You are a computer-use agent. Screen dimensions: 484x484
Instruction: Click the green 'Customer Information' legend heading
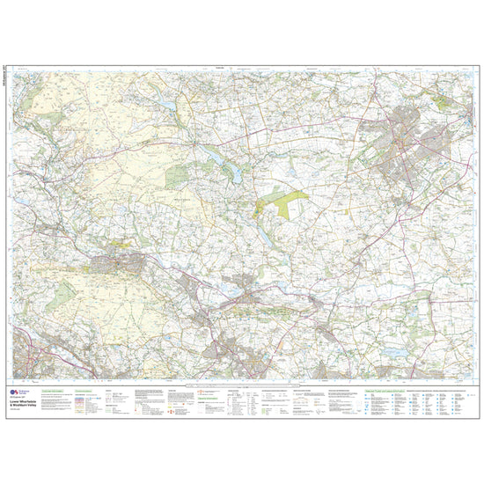54,388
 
